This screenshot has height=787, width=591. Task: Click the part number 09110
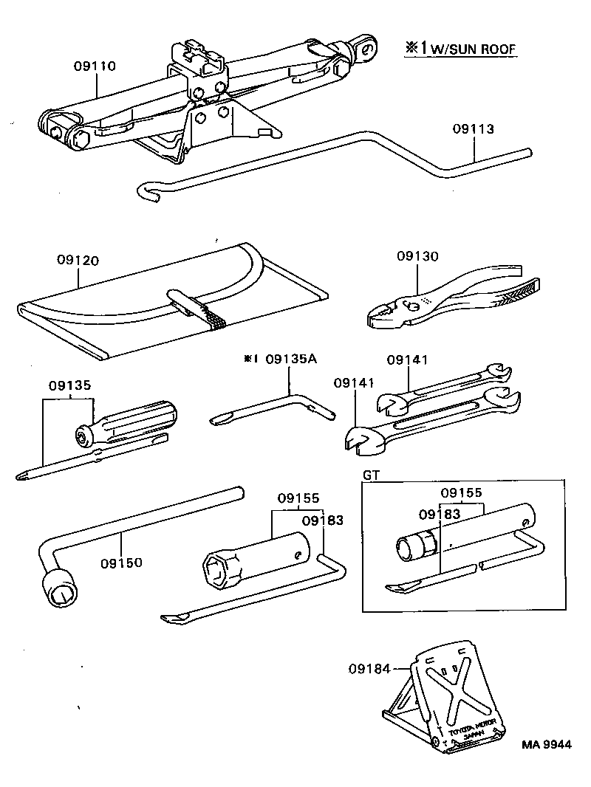click(95, 66)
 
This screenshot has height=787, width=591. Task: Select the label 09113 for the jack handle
click(473, 129)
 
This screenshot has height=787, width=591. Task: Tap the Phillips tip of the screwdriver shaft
click(22, 477)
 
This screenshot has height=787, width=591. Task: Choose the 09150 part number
click(122, 563)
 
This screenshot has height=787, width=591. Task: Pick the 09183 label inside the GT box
click(440, 514)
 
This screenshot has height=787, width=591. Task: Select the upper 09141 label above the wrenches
click(408, 360)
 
